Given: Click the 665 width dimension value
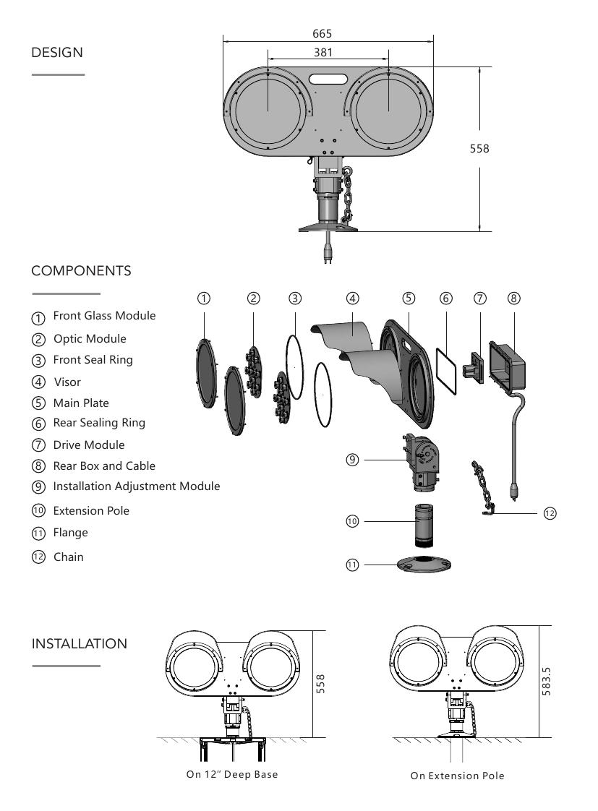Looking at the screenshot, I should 323,34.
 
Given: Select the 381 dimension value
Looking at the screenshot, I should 324,53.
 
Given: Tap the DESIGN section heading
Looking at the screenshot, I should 57,53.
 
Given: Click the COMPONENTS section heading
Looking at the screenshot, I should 81,271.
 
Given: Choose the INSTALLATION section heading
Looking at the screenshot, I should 80,643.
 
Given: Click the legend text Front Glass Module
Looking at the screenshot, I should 104,316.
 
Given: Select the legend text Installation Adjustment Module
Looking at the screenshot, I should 137,486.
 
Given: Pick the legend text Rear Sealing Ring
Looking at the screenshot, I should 99,423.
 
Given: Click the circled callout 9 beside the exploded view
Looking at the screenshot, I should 352,460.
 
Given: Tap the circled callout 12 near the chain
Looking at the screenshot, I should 550,512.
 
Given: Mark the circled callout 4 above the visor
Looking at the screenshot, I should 352,298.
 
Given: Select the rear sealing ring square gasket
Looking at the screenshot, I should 447,371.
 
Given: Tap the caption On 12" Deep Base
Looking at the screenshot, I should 231,774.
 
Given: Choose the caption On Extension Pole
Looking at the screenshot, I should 457,776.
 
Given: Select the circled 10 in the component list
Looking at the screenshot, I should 38,510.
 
